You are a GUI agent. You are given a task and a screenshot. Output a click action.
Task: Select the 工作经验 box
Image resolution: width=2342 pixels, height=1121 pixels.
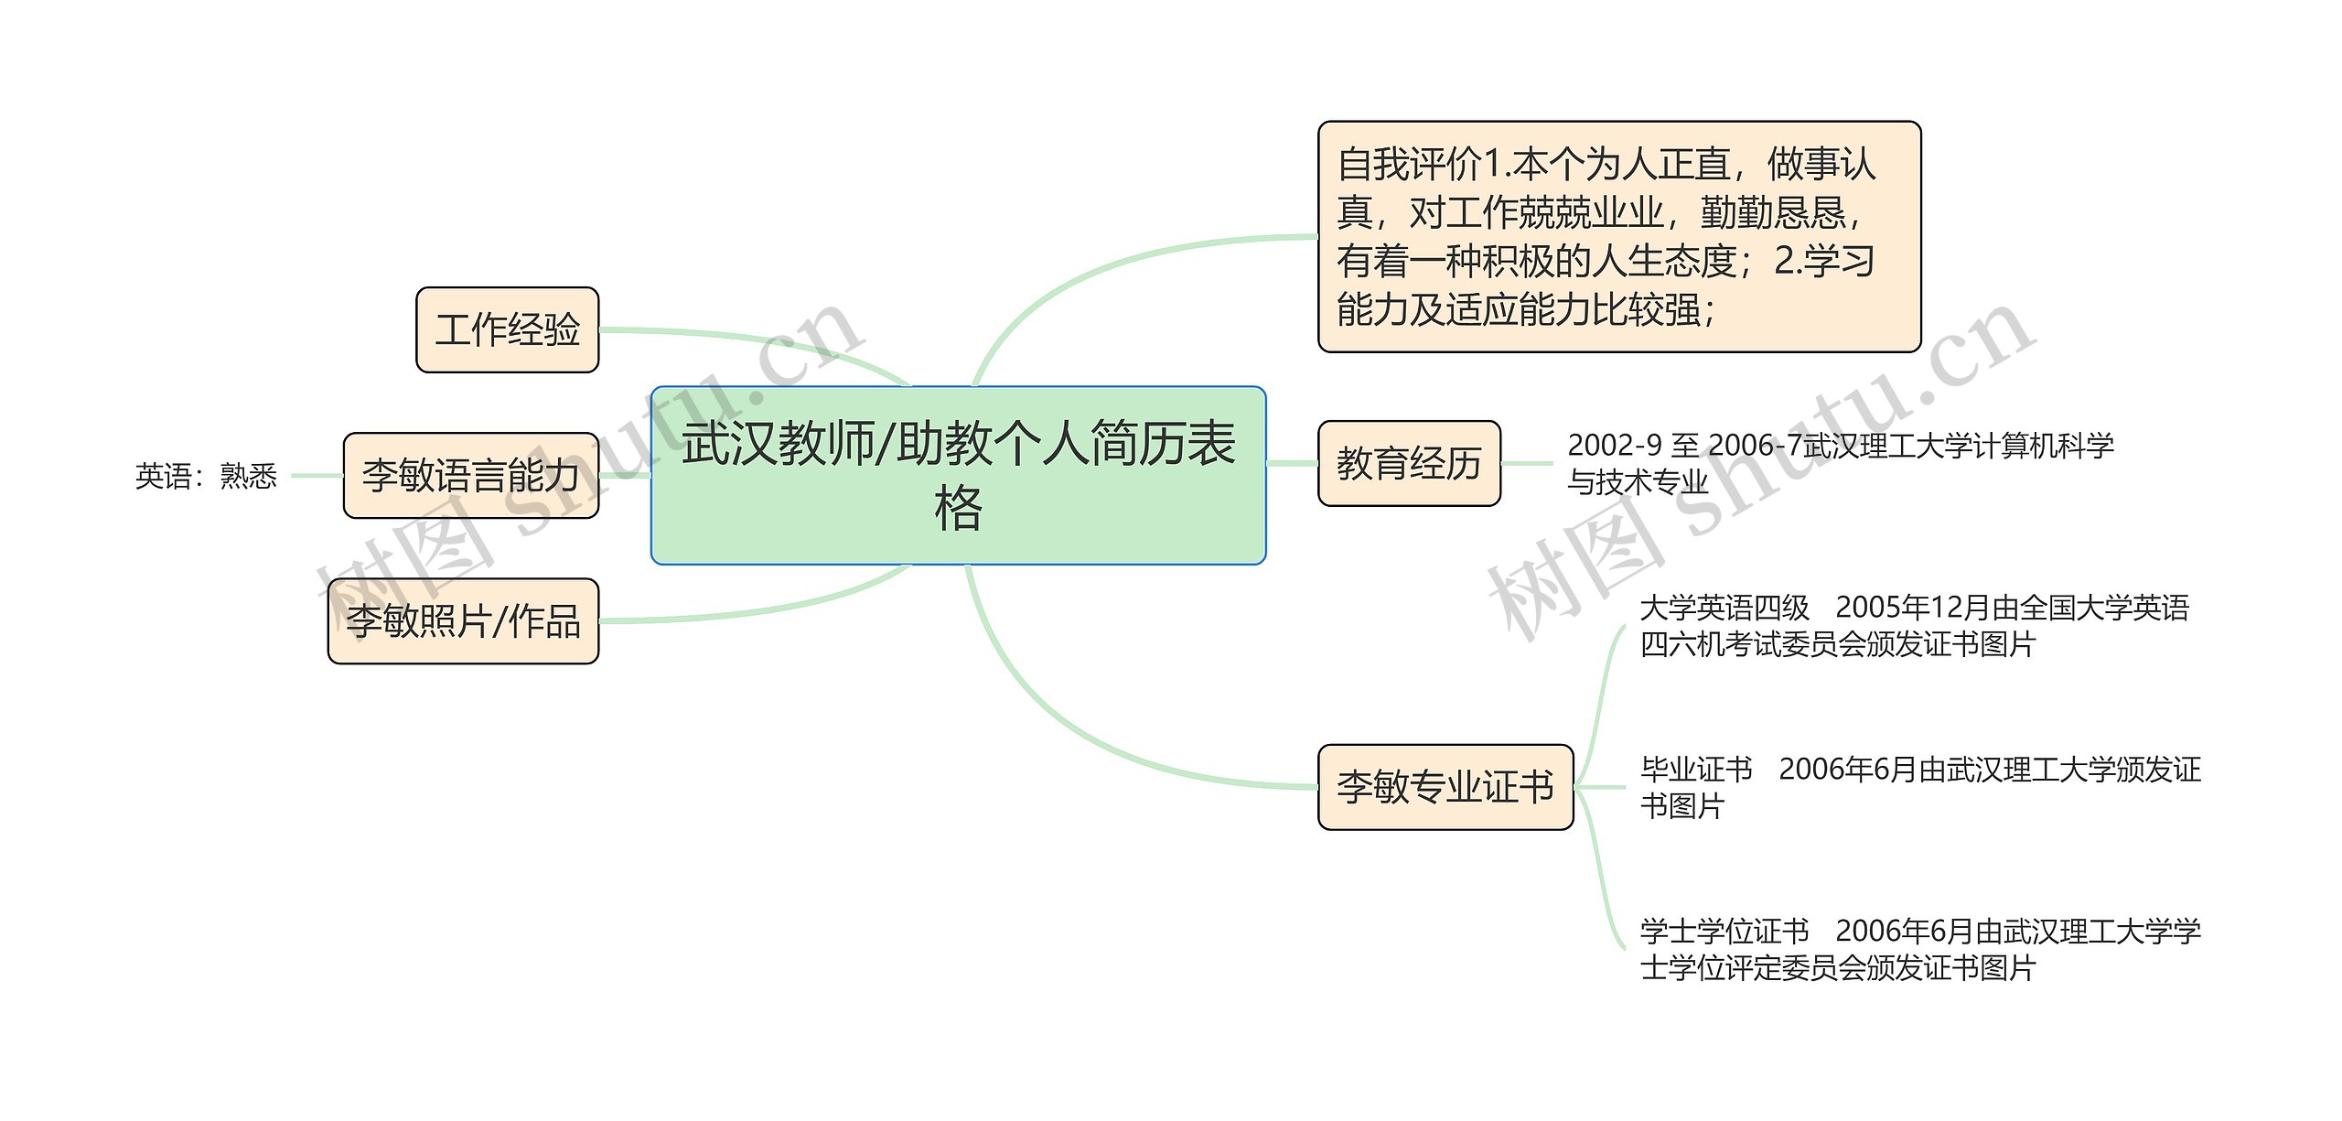(507, 330)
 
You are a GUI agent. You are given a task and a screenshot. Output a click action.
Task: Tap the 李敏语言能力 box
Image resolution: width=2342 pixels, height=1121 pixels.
(470, 476)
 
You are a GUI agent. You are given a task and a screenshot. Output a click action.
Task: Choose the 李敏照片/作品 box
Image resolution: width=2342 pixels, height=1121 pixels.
(463, 621)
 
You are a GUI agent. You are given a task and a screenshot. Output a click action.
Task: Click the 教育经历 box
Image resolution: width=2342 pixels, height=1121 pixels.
(1408, 464)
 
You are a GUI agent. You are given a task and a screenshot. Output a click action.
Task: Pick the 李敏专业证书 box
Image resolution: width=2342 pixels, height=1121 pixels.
(1445, 787)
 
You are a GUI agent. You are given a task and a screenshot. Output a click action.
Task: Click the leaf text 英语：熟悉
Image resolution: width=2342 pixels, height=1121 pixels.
(206, 476)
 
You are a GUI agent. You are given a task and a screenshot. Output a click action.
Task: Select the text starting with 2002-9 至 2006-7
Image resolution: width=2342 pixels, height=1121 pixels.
(1839, 464)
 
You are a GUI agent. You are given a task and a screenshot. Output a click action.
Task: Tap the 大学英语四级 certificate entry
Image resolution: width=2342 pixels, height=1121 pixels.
(1912, 626)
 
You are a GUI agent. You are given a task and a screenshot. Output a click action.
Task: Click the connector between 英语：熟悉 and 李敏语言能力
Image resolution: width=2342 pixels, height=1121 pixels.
(317, 476)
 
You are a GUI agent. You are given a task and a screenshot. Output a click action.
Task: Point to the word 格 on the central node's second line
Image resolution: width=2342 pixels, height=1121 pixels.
(958, 510)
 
